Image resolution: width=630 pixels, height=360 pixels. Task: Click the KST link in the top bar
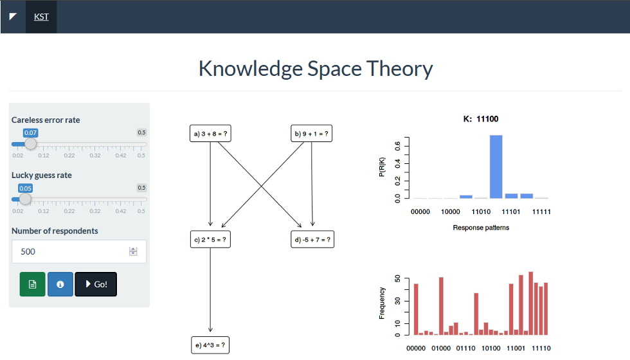tap(41, 17)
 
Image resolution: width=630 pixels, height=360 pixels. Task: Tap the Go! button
tap(96, 284)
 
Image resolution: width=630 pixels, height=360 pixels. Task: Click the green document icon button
tap(33, 284)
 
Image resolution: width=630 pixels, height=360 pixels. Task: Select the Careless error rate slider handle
tap(31, 144)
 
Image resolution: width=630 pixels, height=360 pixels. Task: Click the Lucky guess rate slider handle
tap(25, 199)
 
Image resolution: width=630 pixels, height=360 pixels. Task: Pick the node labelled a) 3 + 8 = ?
tap(210, 134)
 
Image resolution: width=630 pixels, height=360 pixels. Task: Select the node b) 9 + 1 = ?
tap(311, 134)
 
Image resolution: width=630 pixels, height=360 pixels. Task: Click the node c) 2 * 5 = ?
tap(210, 239)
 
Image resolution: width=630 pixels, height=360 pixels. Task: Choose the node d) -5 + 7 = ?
tap(312, 239)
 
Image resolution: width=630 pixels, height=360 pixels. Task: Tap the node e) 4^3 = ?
tap(210, 345)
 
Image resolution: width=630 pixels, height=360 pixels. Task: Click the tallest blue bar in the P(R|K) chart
tap(496, 166)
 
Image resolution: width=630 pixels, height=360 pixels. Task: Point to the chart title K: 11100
tap(481, 119)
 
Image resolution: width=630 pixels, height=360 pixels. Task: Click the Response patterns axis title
tap(481, 228)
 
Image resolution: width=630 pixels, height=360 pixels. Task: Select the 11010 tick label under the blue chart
tap(481, 212)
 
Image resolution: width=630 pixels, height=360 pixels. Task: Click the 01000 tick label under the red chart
tap(441, 348)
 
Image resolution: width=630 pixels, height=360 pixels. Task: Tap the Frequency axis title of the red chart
tap(382, 303)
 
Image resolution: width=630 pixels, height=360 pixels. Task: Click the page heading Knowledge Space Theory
tap(316, 68)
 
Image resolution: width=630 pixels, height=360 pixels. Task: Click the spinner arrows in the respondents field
tap(133, 251)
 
